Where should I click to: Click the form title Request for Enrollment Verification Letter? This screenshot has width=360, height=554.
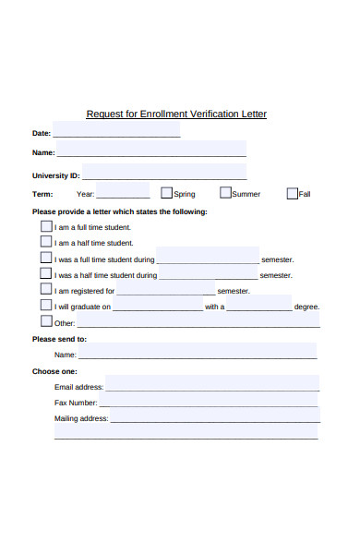coord(176,114)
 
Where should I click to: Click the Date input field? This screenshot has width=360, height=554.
coord(116,131)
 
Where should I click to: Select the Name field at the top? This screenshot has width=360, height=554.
coord(151,151)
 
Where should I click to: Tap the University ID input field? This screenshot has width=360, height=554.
coord(164,174)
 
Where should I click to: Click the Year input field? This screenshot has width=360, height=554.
coord(123,193)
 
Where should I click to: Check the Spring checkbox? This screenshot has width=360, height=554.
coord(167,194)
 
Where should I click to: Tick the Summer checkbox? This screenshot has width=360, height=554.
coord(225,194)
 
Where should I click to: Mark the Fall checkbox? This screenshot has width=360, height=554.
coord(293,194)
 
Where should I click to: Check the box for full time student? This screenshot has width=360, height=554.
coord(46,226)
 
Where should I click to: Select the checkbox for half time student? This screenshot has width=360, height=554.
coord(46,242)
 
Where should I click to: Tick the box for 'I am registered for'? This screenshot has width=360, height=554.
coord(46,289)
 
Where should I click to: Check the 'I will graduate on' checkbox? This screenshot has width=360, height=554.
coord(46,306)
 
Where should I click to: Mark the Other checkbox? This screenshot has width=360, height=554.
coord(46,322)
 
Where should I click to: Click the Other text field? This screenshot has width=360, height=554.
coord(198,321)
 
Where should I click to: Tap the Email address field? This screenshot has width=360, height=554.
coord(211,385)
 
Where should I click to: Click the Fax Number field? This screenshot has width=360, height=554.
coord(209,402)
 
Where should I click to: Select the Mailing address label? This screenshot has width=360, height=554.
coord(81,418)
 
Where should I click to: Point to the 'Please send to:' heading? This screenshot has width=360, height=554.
coord(59,339)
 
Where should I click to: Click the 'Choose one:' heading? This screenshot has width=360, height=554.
coord(53,371)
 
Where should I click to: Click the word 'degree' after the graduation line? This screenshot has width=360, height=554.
coord(306,307)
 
